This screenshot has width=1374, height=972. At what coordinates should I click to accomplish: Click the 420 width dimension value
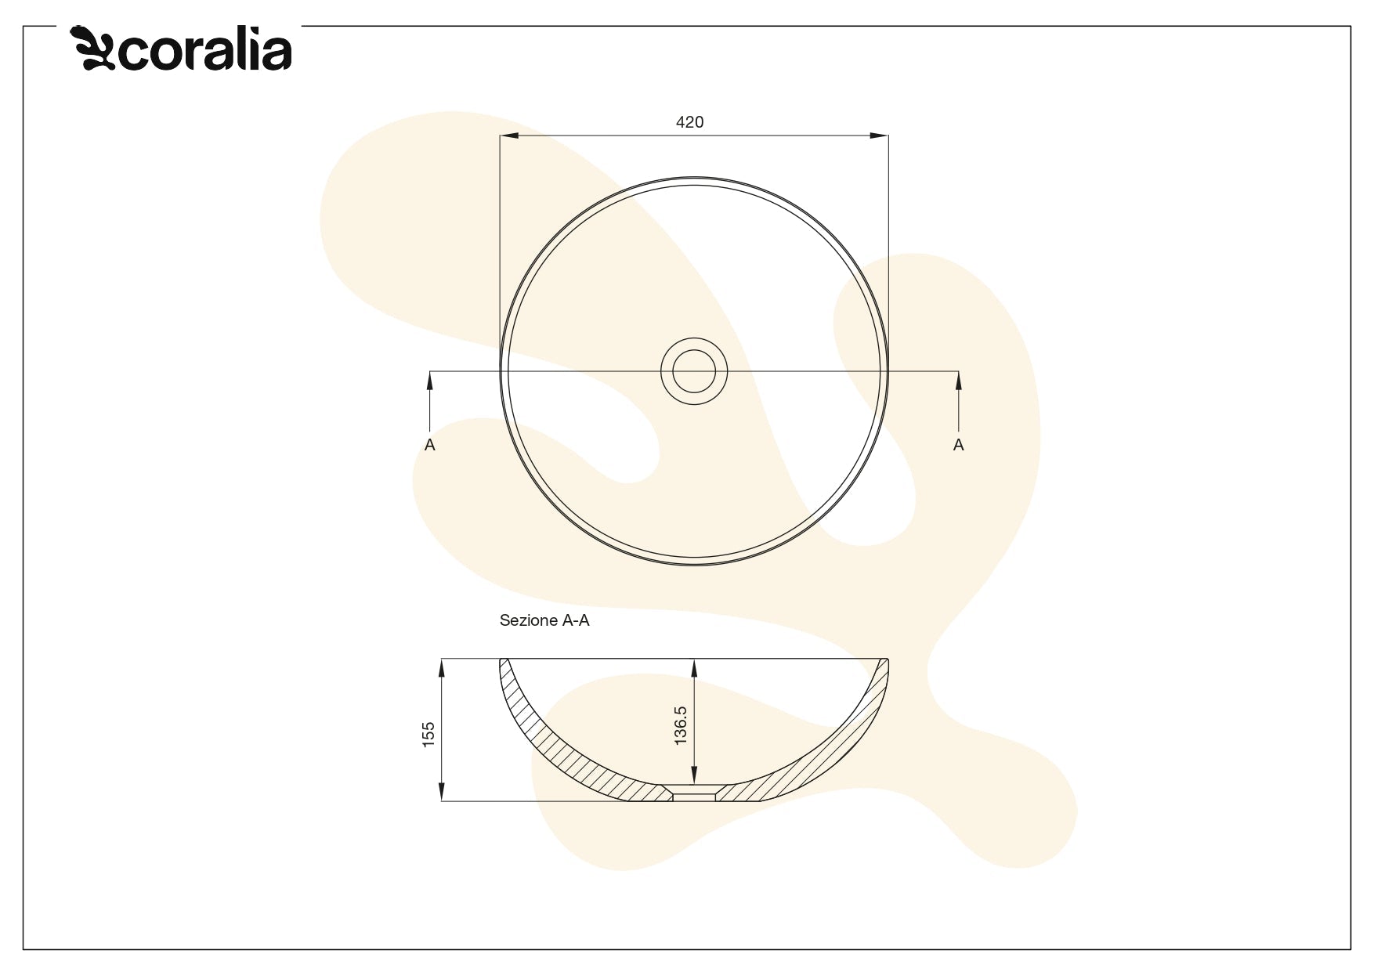(x=689, y=122)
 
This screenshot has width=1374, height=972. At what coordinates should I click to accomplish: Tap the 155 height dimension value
(x=428, y=735)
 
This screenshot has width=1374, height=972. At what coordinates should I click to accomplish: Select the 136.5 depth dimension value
(x=681, y=725)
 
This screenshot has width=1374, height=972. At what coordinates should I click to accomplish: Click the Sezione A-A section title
(x=544, y=620)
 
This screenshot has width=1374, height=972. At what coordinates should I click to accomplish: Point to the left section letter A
(x=429, y=445)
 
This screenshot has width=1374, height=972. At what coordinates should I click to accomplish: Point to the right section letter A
(x=958, y=445)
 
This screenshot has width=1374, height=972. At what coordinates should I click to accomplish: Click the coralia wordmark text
(x=205, y=52)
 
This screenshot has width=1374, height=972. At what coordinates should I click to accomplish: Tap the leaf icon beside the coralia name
(x=93, y=49)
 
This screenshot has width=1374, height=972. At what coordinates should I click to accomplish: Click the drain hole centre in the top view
(x=694, y=371)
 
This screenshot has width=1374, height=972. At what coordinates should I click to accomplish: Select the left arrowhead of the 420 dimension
(x=509, y=136)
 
